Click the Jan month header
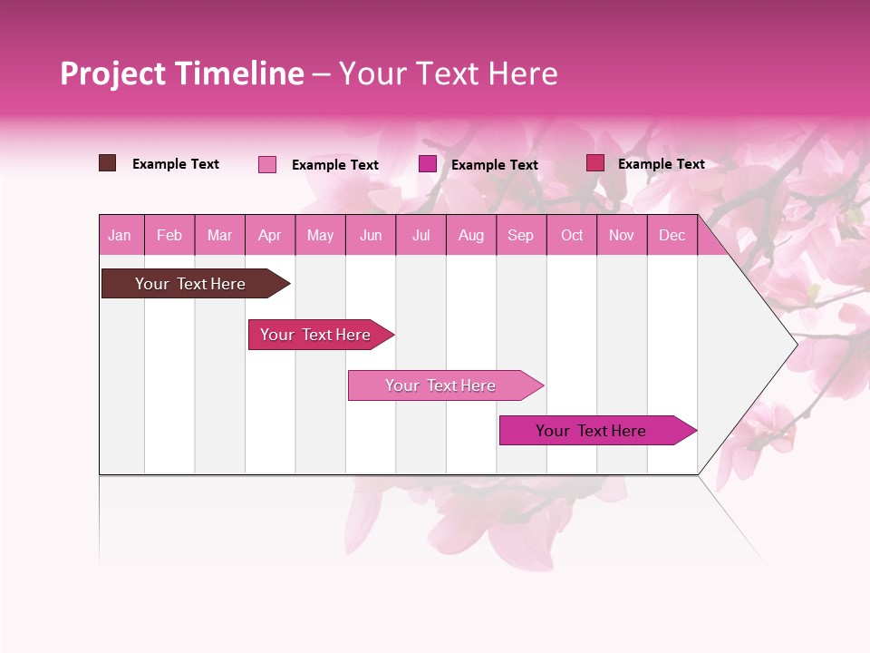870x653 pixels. tap(121, 236)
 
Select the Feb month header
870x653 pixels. tap(169, 236)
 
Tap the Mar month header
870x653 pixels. tap(219, 236)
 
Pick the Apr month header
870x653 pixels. tap(270, 236)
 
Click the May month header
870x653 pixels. tap(320, 236)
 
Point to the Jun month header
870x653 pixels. tap(371, 236)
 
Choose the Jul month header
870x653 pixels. tap(420, 236)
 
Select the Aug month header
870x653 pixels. tap(471, 236)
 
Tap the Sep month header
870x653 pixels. tap(521, 236)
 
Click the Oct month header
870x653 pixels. tap(572, 236)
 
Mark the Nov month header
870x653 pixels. tap(622, 236)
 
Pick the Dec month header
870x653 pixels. tap(672, 236)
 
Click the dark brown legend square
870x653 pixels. tap(108, 163)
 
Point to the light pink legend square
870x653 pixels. tap(267, 164)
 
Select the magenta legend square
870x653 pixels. tap(428, 164)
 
